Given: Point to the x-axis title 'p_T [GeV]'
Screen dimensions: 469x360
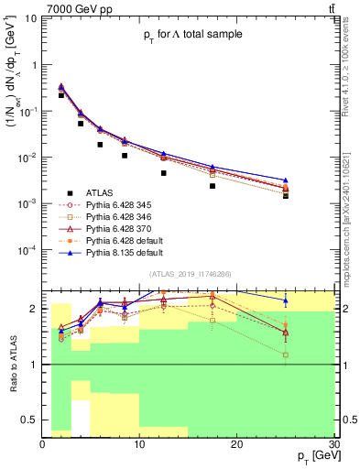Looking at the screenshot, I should (314, 456).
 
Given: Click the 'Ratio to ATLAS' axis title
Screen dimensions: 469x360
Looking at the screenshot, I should (11, 365).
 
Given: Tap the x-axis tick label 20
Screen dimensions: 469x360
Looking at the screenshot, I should (237, 444).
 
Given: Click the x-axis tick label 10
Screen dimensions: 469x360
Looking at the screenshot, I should (139, 444).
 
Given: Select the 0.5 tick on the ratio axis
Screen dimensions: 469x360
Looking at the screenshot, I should (31, 420).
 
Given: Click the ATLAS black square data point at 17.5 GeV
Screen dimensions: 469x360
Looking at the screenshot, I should (213, 185).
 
